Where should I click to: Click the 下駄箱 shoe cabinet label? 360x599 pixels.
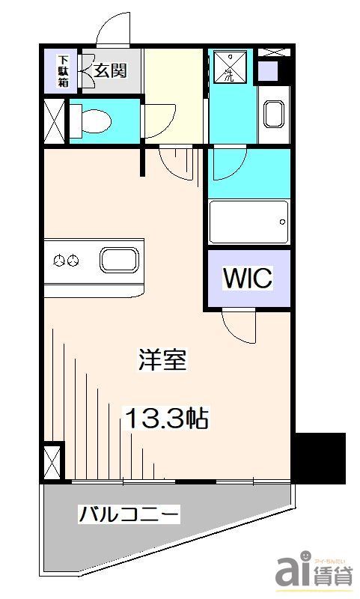point(64,72)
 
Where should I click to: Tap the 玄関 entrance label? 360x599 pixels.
point(110,71)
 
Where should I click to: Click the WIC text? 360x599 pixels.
point(248,278)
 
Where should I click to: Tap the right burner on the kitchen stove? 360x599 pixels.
point(73,261)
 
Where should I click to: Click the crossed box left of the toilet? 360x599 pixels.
point(54,119)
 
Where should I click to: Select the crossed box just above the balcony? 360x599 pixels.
point(53,460)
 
